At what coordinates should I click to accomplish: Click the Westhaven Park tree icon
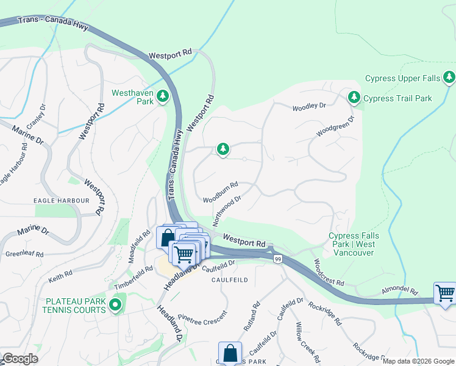(x=163, y=96)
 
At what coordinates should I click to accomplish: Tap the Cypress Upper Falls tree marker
(x=449, y=77)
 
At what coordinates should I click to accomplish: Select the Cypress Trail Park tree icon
(x=354, y=98)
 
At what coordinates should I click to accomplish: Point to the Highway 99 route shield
(x=277, y=259)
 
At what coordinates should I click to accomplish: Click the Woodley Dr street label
(x=309, y=106)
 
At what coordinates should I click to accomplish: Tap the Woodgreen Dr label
(x=335, y=127)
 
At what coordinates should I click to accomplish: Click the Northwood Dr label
(x=227, y=209)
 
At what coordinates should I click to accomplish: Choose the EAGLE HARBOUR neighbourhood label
(x=62, y=200)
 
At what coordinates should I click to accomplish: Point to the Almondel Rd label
(x=400, y=291)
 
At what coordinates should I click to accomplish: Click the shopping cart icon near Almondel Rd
(x=445, y=293)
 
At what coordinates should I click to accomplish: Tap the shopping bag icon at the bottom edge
(x=230, y=353)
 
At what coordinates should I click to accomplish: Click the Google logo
(x=20, y=359)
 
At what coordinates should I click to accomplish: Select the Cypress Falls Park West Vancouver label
(x=353, y=244)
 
